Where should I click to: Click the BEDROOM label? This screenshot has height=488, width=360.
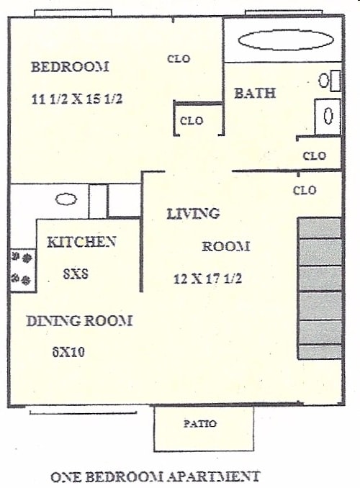tap(70, 68)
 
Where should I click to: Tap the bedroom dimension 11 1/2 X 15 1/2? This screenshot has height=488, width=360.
tap(77, 99)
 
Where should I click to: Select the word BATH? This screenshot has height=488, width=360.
tap(255, 93)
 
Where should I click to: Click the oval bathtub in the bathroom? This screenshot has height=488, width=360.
tap(285, 40)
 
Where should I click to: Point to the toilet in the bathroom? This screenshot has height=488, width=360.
tap(328, 114)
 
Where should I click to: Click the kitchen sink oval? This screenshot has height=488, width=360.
tap(67, 199)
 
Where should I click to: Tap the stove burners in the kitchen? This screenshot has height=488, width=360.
tap(22, 267)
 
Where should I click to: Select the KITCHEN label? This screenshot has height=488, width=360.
tap(81, 242)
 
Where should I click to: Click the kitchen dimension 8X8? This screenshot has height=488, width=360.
tap(76, 274)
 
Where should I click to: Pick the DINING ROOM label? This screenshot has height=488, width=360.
tap(79, 321)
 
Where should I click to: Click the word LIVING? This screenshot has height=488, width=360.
tap(193, 214)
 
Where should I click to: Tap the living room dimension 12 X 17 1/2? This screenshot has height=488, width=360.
tap(208, 279)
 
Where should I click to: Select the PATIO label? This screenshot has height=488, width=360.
tap(201, 424)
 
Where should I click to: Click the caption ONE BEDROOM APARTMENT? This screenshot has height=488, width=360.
tap(155, 476)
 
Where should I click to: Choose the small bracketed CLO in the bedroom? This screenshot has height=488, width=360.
tap(192, 121)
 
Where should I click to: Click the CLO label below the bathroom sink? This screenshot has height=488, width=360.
tap(315, 155)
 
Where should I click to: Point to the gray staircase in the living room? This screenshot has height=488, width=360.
tap(320, 288)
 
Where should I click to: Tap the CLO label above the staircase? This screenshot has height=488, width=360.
tap(305, 191)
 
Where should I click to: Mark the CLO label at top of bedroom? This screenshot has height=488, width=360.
tap(179, 59)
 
